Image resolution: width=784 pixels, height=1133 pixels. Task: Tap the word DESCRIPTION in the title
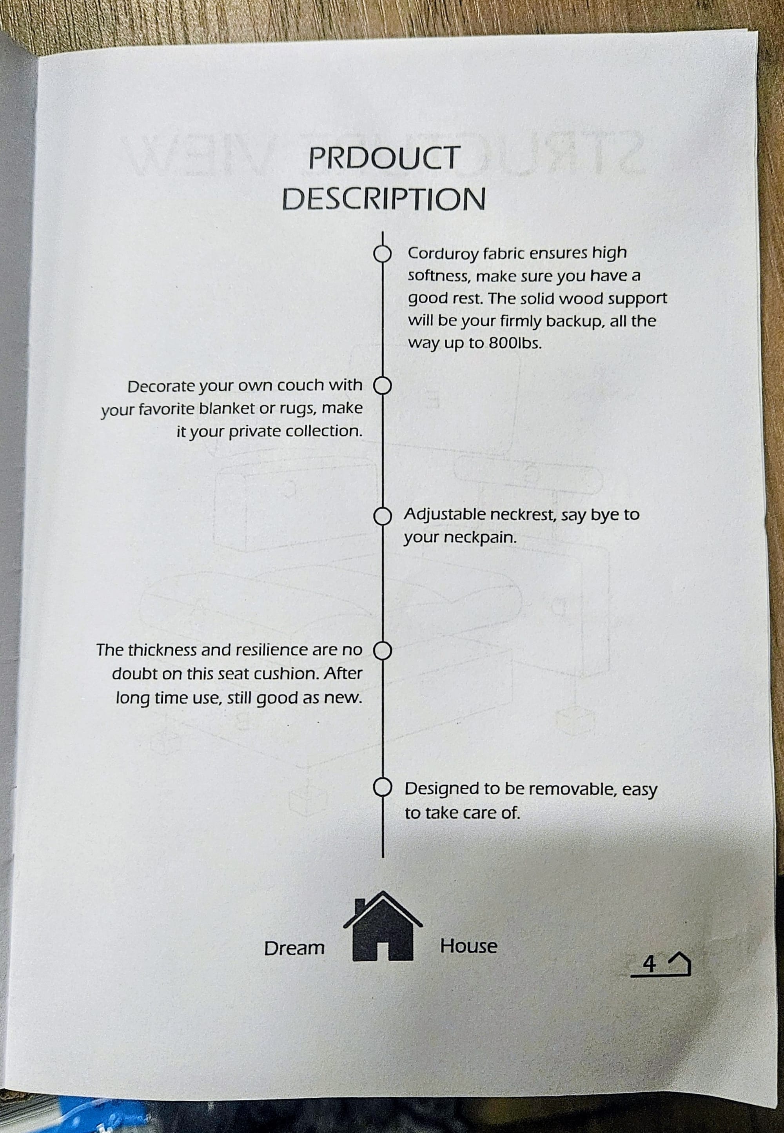384,199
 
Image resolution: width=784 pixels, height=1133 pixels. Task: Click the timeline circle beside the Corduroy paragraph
383,254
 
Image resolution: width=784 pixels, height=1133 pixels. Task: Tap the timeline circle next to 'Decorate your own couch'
383,386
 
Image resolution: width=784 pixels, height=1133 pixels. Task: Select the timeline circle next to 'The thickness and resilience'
383,651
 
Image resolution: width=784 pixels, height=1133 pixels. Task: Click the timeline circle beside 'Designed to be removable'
383,787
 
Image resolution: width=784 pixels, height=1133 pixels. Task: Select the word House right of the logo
468,946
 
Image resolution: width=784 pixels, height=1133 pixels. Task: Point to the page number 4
650,964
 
